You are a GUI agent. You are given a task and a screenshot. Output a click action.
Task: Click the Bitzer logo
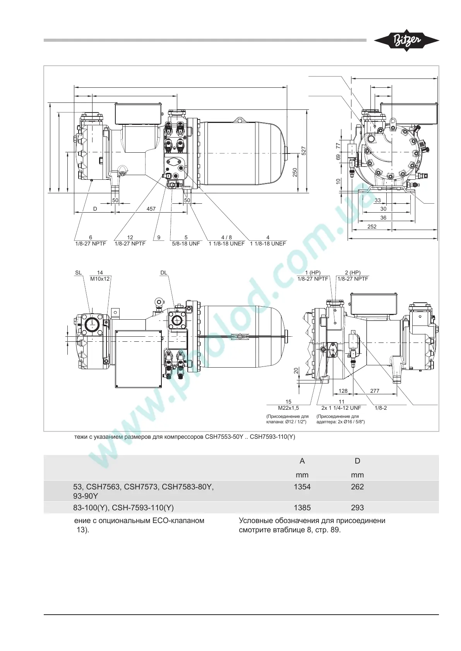tap(406, 41)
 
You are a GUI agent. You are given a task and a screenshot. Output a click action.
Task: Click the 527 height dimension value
tap(303, 151)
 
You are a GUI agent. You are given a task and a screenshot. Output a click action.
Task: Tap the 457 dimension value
tap(151, 209)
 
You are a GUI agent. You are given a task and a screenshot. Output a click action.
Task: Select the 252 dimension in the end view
tap(372, 227)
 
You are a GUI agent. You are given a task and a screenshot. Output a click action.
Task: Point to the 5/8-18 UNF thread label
tap(186, 244)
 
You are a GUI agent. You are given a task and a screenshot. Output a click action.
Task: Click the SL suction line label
tap(78, 273)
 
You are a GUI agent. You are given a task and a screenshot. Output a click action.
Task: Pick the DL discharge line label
tap(164, 273)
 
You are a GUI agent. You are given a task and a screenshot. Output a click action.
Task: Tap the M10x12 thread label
tap(100, 279)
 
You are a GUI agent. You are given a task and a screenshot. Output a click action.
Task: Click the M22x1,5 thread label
tap(288, 408)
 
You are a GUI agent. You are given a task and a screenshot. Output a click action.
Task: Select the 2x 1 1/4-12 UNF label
tap(341, 408)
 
